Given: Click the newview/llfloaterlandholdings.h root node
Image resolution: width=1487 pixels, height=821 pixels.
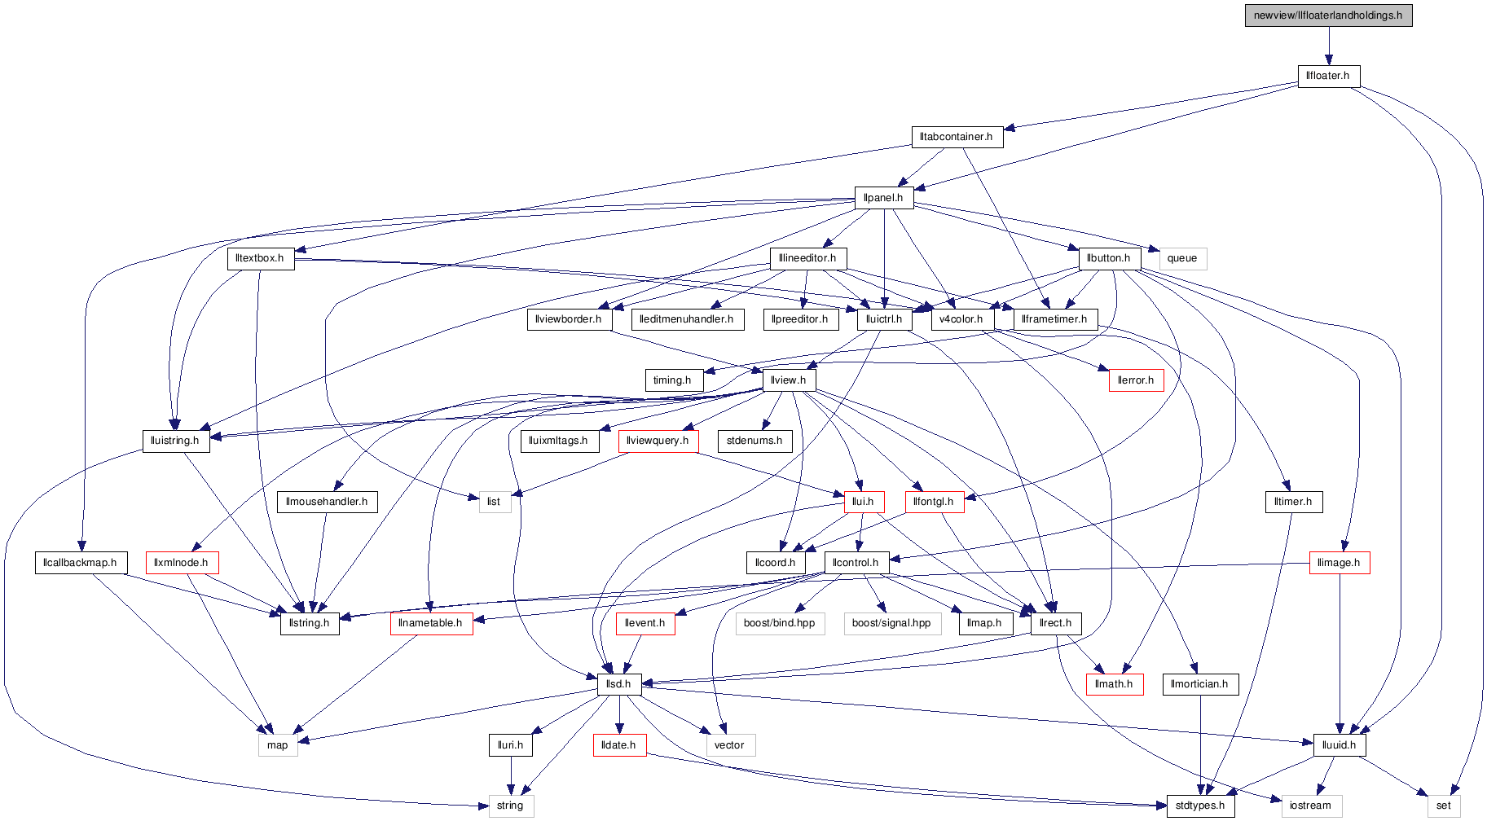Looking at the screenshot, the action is click(1328, 15).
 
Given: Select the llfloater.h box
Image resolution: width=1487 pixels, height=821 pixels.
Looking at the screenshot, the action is click(1328, 76).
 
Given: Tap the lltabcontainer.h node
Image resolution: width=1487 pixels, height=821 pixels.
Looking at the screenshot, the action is click(957, 137).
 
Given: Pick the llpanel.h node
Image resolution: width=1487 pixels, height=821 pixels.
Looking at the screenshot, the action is click(883, 198).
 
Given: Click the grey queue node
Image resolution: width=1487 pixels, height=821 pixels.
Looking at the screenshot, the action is click(1182, 258).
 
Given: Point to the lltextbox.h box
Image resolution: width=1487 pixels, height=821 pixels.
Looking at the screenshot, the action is click(260, 258).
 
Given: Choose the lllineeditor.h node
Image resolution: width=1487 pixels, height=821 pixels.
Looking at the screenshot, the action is click(807, 258).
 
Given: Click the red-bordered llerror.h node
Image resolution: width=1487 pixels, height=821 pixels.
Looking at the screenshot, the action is click(1136, 380).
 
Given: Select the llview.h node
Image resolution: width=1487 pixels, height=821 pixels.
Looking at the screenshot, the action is click(789, 380).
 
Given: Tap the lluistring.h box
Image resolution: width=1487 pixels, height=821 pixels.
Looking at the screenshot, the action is click(175, 441).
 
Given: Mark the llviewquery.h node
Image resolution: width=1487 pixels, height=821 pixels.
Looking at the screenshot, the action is click(658, 441).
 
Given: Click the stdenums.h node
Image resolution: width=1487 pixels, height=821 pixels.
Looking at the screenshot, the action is click(754, 441).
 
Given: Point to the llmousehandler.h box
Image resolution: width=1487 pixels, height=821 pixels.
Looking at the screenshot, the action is click(327, 502).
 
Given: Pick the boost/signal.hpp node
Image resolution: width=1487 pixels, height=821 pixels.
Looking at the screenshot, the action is click(891, 623).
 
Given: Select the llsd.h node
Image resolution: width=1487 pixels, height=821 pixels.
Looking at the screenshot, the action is click(619, 684).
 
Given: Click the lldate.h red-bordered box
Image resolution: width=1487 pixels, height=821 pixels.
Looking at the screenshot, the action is click(619, 745).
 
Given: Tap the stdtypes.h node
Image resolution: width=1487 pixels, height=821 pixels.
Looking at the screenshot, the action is click(1200, 806).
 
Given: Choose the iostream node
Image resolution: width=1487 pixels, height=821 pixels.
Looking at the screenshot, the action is click(1311, 806).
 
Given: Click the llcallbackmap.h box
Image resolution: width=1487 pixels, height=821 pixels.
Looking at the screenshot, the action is click(80, 563).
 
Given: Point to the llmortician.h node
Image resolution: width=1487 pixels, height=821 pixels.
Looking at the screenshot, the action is click(1199, 684).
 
